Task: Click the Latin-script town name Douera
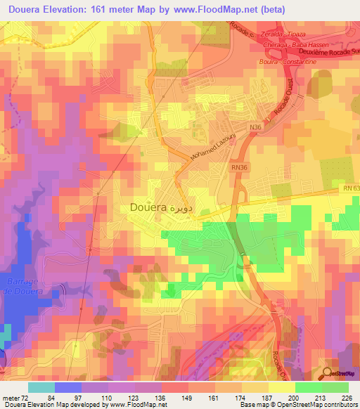[x=148, y=208]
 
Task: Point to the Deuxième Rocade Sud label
[x=321, y=52]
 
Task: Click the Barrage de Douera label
[x=23, y=287]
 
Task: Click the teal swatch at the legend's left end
[x=41, y=387]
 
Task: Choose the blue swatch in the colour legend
[x=68, y=387]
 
